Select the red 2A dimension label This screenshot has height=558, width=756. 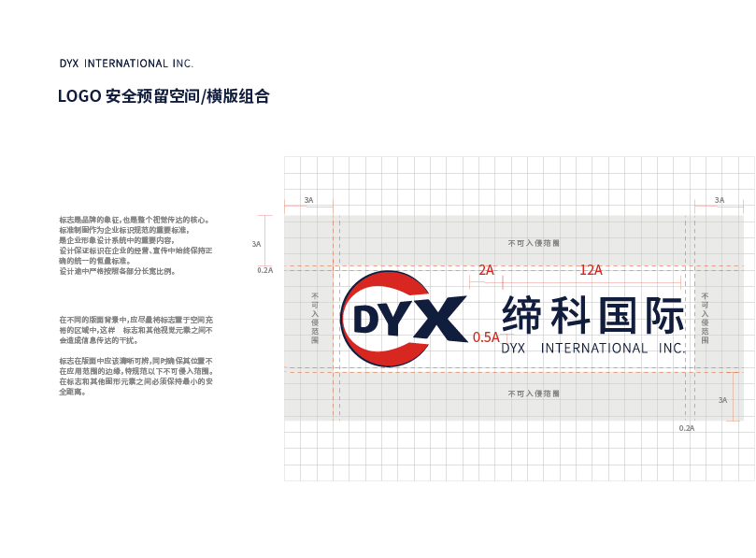click(x=486, y=270)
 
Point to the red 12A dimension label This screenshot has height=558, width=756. click(x=591, y=270)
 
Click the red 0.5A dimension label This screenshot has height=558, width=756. click(x=486, y=337)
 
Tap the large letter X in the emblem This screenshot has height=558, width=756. click(x=440, y=320)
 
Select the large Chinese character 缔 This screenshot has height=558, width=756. click(x=523, y=316)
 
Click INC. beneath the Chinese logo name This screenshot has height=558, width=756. click(x=671, y=349)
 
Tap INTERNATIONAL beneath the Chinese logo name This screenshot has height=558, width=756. click(x=594, y=349)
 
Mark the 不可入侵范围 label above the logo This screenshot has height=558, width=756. click(x=534, y=243)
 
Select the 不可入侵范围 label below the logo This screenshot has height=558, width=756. click(x=534, y=394)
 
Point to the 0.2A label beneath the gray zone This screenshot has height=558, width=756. click(x=687, y=428)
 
